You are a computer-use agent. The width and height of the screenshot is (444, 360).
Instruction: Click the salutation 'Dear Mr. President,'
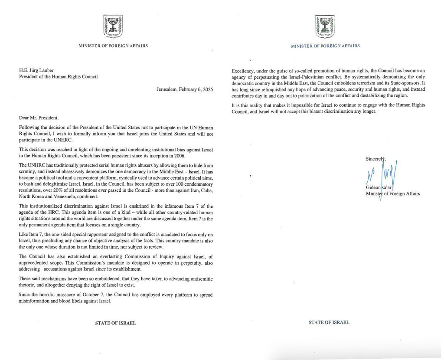39,117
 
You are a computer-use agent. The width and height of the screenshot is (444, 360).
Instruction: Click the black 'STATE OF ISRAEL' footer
115,323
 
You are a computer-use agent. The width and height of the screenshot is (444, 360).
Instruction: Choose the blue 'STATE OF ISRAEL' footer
329,322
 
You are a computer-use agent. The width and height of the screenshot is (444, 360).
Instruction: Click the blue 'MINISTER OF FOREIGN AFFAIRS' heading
325,46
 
